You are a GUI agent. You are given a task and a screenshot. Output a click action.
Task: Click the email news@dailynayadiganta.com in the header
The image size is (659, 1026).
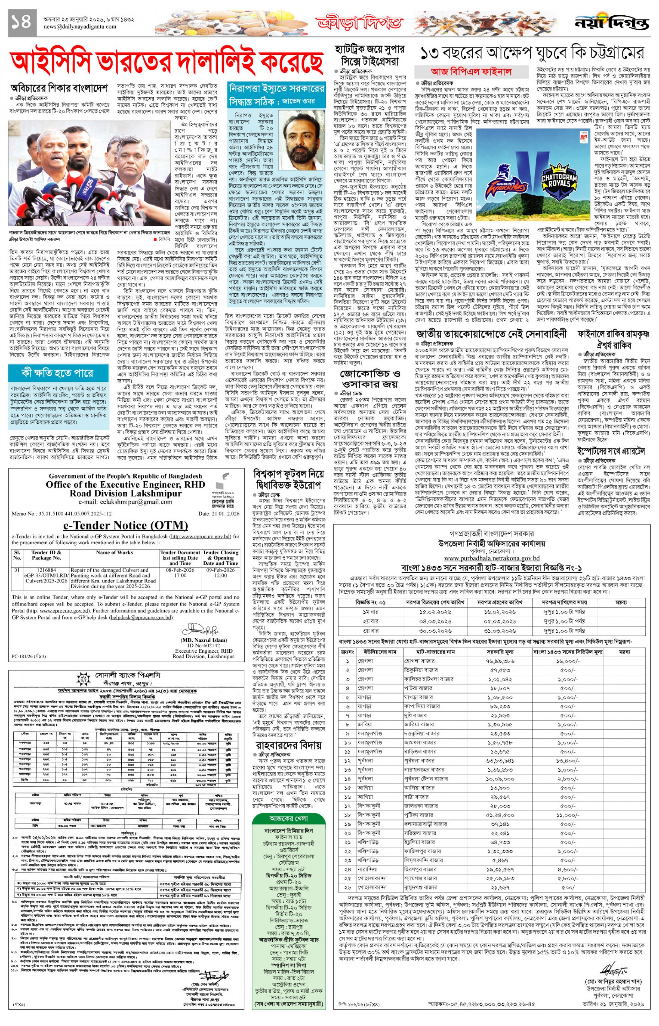80,27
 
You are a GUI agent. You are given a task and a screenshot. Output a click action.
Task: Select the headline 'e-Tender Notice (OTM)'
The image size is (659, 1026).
126,525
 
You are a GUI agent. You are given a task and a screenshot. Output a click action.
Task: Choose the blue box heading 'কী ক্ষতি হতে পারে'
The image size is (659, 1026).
58,373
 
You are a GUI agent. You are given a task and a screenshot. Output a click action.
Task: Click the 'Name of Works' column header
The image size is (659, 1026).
114,552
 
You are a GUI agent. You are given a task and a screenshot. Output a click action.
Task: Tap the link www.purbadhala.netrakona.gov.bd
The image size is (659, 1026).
492,558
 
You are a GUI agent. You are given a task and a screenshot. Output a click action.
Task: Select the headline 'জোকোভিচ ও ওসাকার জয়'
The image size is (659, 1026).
370,379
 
